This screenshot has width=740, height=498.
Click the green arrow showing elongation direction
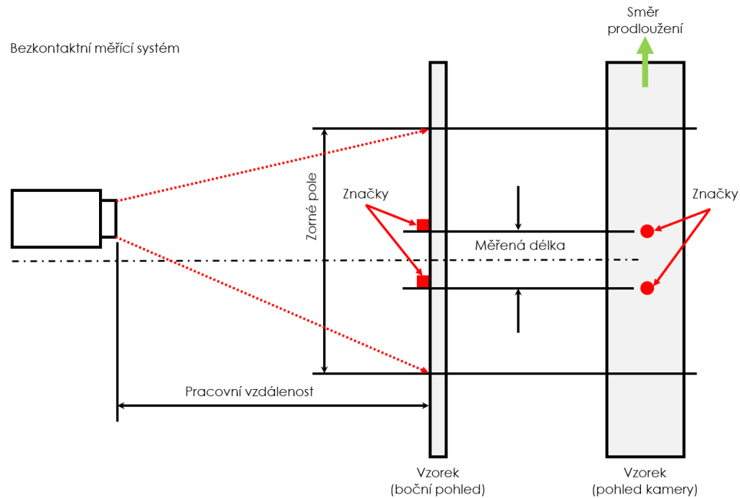pos(645,62)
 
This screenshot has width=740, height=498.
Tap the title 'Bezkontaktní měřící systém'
pos(95,48)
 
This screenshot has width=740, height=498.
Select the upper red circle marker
pos(647,231)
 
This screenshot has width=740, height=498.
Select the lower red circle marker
pos(647,288)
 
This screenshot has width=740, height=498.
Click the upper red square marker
pos(423,224)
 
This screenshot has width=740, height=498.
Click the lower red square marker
pos(423,281)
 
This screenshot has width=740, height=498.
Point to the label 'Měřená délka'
pos(520,245)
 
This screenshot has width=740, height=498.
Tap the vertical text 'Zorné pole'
pos(311,207)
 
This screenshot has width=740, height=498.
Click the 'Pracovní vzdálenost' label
pos(249,392)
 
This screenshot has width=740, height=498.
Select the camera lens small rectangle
pos(108,219)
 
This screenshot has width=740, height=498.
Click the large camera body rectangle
pos(56,219)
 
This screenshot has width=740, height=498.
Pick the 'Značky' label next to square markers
pos(366,194)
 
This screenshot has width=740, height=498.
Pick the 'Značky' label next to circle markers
pos(715,194)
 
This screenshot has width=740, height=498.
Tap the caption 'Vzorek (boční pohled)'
pos(437,481)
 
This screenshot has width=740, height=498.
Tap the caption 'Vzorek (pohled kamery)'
pos(645,481)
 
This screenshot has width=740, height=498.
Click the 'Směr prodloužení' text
pos(645,20)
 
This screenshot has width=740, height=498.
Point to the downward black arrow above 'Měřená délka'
pos(518,208)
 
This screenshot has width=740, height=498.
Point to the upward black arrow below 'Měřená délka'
pos(518,311)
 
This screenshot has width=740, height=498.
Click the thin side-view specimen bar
pos(438,260)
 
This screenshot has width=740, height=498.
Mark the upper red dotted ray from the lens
pos(272,165)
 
